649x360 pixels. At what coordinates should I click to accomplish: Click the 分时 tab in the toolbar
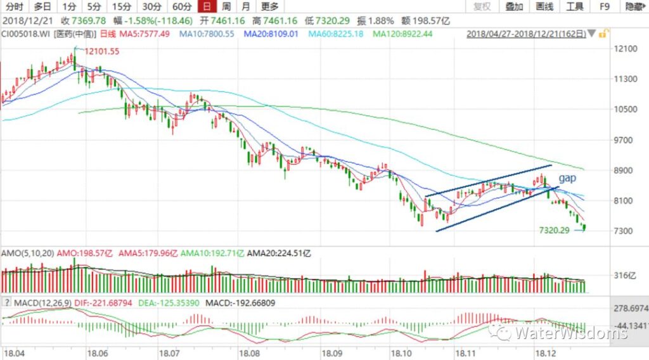click(13, 7)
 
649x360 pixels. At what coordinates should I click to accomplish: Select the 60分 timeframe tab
click(181, 7)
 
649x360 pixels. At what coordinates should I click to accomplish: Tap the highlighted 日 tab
click(205, 7)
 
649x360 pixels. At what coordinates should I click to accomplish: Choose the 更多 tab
click(269, 7)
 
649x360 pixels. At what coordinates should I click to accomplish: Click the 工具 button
click(575, 7)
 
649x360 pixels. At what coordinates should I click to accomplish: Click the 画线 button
click(544, 7)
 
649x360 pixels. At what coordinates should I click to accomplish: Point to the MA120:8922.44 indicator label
click(402, 34)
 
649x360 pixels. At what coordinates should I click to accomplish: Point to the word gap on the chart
click(567, 179)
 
